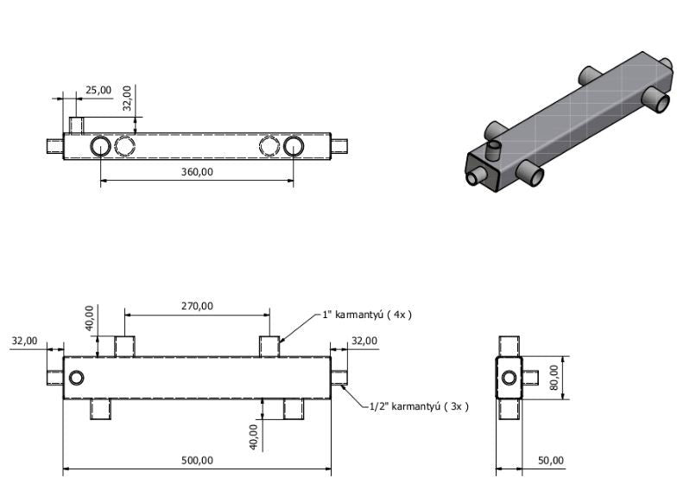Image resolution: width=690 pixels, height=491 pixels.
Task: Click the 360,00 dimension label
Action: [x=197, y=171]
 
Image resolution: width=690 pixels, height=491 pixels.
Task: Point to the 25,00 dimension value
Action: [x=98, y=89]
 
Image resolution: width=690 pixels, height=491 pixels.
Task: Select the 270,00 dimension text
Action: [x=197, y=305]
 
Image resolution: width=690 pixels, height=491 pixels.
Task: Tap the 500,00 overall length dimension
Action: [x=197, y=460]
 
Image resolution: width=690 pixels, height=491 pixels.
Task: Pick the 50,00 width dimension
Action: [x=550, y=460]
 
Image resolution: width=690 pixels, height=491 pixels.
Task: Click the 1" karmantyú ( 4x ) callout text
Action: [x=367, y=315]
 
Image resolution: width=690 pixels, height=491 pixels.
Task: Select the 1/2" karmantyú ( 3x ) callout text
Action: [x=419, y=405]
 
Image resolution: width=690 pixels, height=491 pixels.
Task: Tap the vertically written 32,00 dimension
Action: [x=127, y=98]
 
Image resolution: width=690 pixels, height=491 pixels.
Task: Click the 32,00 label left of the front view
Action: [x=24, y=341]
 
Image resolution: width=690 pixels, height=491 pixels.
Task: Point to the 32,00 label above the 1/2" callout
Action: [x=364, y=341]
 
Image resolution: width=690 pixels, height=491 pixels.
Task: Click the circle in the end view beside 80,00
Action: [x=510, y=378]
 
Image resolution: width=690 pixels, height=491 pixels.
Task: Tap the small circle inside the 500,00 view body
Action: [x=78, y=378]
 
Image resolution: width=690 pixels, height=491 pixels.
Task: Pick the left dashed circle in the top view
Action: [x=125, y=145]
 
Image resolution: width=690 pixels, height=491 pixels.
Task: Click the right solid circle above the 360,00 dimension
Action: [x=294, y=145]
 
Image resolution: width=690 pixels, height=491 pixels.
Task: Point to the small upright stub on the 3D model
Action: [x=495, y=152]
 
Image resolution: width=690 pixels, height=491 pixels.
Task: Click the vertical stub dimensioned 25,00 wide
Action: [x=76, y=126]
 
